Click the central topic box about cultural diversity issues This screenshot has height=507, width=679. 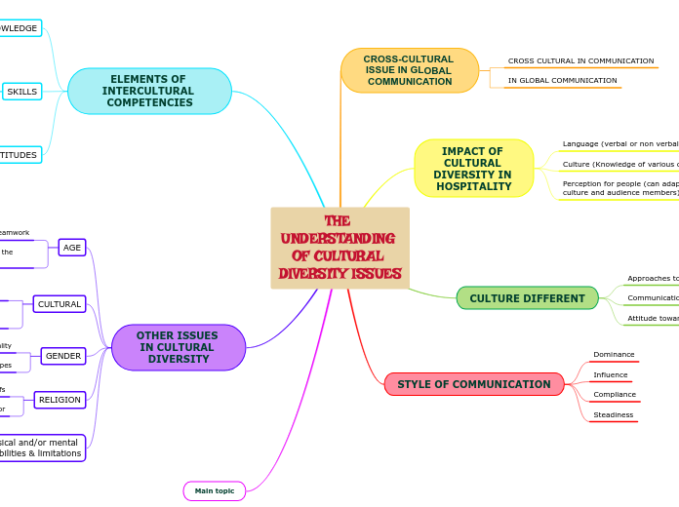click(339, 248)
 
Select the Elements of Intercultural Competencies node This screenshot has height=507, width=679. click(149, 91)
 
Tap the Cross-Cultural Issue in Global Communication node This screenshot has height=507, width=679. click(410, 70)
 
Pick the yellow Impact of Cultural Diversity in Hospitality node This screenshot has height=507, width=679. click(473, 169)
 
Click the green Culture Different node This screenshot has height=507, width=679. click(527, 298)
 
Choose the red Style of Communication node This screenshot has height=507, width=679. click(473, 384)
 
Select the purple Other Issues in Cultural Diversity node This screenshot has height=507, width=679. click(178, 347)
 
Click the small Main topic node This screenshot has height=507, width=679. click(215, 490)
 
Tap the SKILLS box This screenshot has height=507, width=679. click(21, 92)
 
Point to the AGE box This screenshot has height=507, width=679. click(72, 248)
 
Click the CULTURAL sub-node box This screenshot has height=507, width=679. click(60, 304)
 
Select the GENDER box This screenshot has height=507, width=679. click(63, 356)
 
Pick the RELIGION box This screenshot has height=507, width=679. click(60, 400)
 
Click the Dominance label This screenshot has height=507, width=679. click(614, 355)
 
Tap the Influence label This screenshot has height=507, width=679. click(611, 375)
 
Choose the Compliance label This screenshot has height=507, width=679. click(615, 395)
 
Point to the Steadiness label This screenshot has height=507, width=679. click(613, 415)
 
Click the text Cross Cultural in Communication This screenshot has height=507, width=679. click(580, 61)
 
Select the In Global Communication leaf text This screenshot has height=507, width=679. click(562, 81)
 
